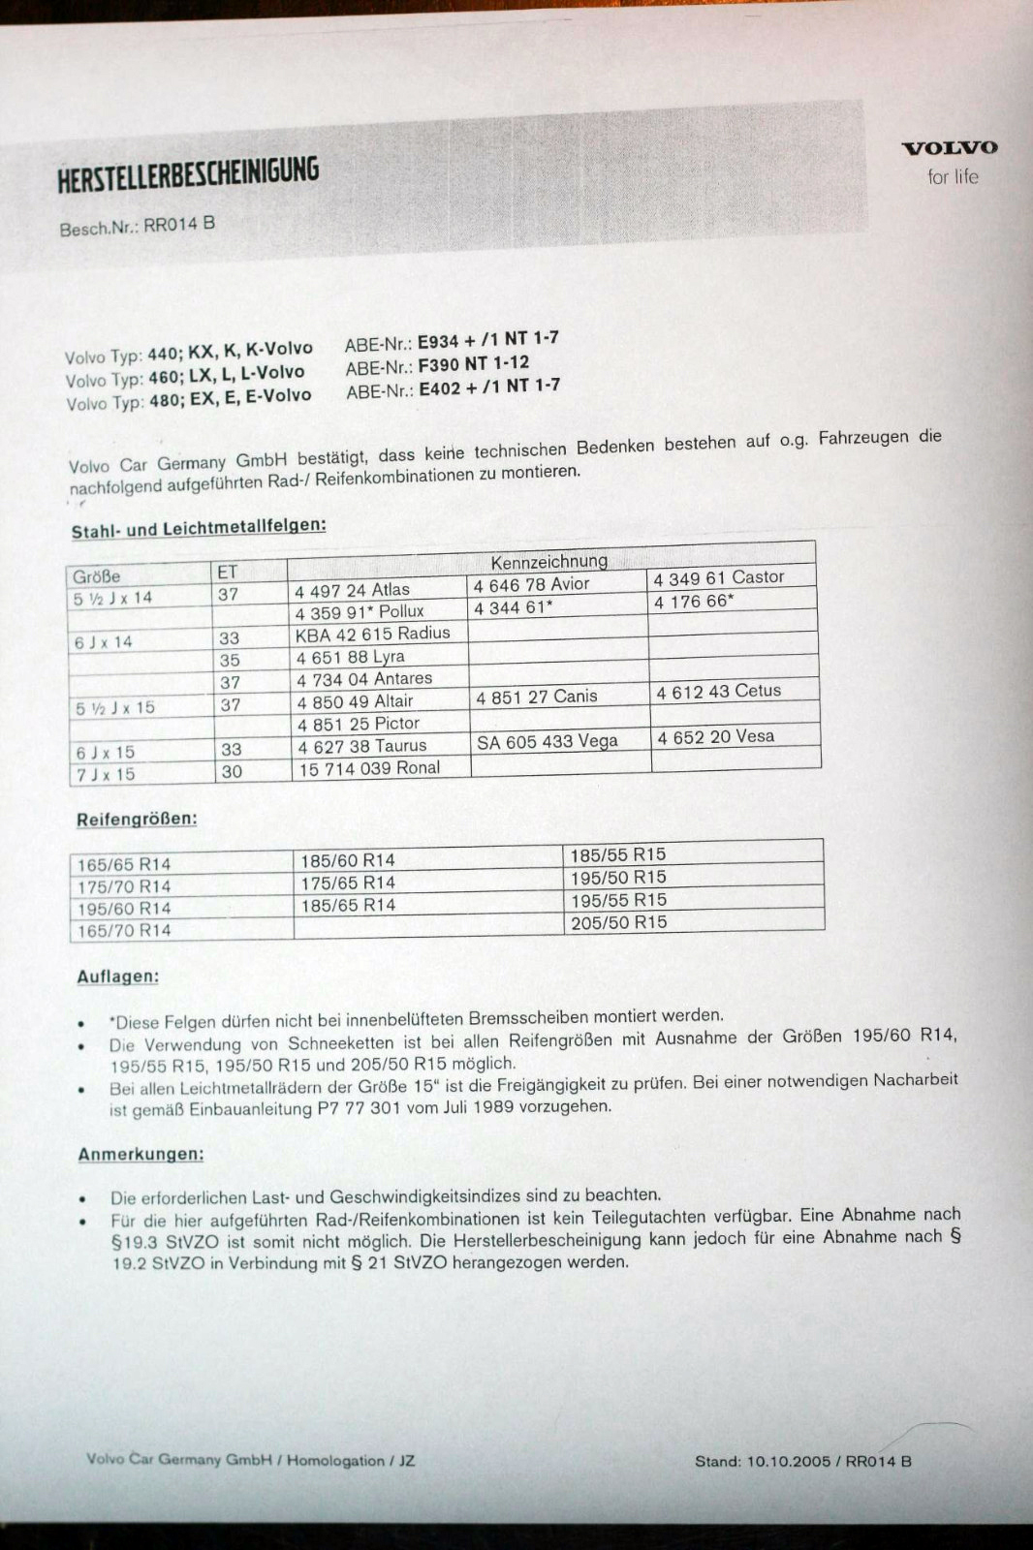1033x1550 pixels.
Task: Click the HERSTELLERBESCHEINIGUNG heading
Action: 188,174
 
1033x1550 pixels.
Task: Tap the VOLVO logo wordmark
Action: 949,148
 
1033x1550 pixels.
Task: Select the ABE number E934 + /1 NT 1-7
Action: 487,340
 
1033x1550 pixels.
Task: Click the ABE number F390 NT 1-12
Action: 473,365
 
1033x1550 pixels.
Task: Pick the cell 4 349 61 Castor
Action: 718,577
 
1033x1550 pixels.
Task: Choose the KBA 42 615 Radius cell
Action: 372,634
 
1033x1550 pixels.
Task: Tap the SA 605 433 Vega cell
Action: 547,742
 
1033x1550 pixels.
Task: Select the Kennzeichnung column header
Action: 548,561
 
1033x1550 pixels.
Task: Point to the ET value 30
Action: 232,772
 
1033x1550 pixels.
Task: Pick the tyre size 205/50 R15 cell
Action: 618,922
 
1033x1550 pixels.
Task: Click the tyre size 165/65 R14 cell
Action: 124,864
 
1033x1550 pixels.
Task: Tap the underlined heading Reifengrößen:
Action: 137,820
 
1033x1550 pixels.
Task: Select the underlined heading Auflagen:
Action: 117,976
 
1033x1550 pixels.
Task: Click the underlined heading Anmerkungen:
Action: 141,1154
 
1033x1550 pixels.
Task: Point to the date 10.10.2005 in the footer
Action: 788,1461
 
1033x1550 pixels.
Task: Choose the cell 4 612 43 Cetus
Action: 718,691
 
